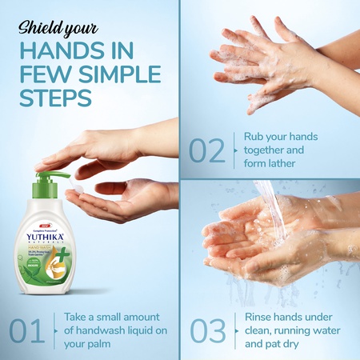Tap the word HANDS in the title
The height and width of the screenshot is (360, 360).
tap(55, 50)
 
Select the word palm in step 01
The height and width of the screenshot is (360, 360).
tap(94, 343)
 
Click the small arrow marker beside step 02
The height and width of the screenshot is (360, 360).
tap(236, 150)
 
